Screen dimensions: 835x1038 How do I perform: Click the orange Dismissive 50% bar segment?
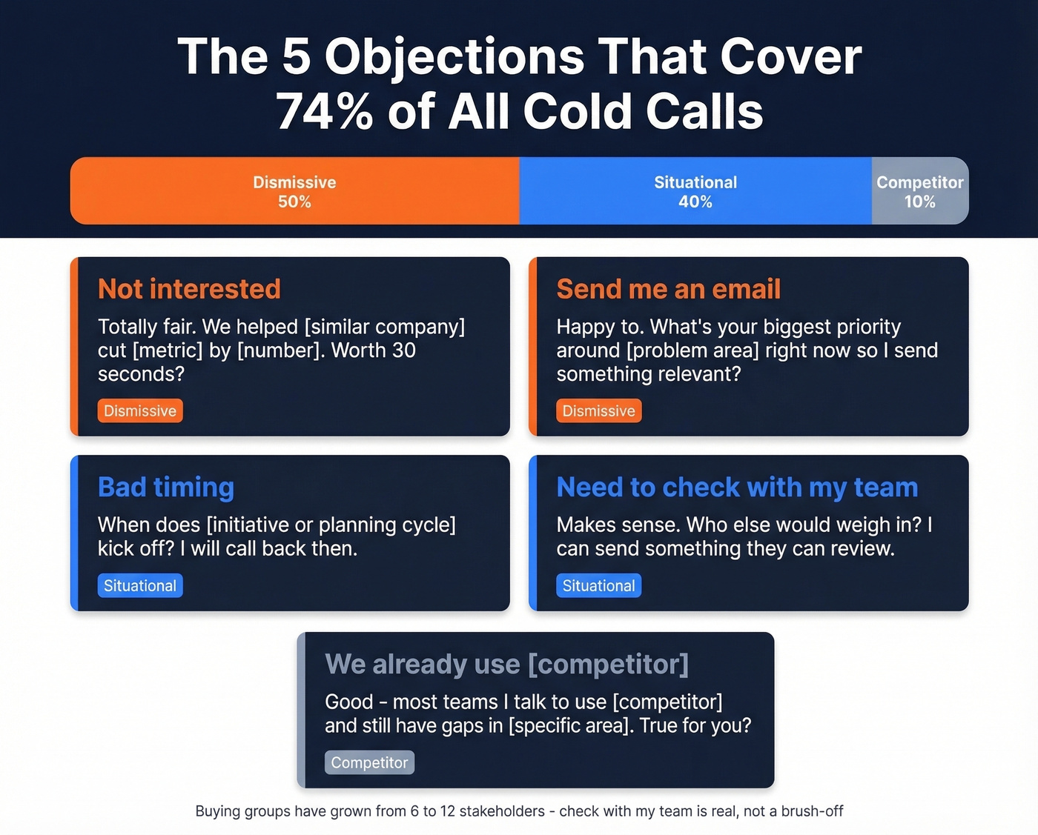click(294, 191)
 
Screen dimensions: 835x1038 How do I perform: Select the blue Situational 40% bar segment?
click(695, 191)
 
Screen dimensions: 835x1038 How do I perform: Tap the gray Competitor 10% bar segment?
click(919, 191)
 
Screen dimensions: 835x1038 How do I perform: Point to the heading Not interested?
click(189, 289)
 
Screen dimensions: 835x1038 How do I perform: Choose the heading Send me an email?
click(668, 289)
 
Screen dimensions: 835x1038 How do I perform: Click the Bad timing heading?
click(166, 487)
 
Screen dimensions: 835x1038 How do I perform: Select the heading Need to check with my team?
click(737, 487)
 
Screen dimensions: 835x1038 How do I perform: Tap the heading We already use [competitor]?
click(506, 664)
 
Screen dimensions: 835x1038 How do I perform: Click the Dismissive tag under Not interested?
click(140, 410)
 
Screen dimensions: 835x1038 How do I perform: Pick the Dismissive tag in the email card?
click(598, 410)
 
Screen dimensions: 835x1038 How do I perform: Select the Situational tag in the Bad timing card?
click(140, 585)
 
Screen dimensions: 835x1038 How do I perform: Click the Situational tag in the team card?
click(598, 585)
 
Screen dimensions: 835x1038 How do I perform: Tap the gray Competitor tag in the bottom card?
click(369, 762)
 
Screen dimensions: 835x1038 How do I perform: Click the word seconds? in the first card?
click(141, 374)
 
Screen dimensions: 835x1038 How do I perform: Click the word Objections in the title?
click(454, 57)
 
